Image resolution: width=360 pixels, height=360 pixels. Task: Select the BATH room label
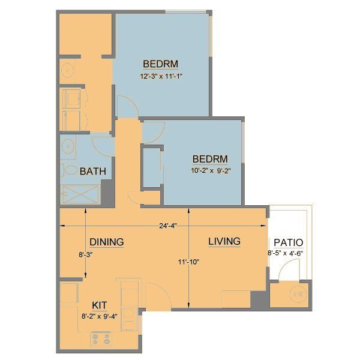93,171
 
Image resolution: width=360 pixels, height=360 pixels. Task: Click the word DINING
107,242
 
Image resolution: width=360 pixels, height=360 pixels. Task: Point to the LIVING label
224,241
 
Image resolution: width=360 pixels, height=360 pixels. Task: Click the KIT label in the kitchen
100,304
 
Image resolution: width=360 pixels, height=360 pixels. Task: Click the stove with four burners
101,340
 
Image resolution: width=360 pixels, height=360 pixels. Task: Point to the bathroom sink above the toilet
68,146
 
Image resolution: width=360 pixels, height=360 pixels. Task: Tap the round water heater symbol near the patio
296,295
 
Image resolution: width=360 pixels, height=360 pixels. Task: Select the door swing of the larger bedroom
127,106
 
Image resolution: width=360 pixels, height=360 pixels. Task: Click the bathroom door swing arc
103,143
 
